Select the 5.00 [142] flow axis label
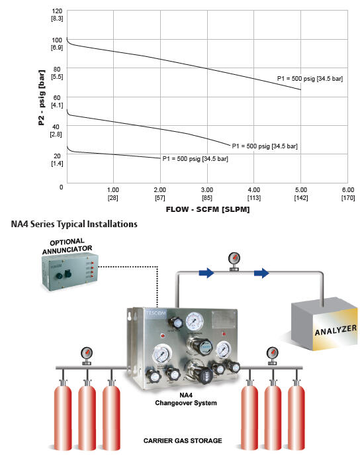coord(301,193)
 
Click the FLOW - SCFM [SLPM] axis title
coord(208,209)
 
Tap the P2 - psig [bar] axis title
coord(42,97)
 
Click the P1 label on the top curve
coord(310,79)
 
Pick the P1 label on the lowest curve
coord(195,159)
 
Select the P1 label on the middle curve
coord(265,146)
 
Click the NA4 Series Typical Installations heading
coord(74,224)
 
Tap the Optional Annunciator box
coord(69,272)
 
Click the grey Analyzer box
coord(325,324)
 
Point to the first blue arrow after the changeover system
coord(206,273)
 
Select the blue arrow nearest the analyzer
coord(261,273)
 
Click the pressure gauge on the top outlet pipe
coord(234,261)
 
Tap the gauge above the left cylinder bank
coord(87,356)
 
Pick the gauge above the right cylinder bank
coord(272,356)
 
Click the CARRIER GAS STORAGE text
coord(183,440)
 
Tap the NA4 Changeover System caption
coord(186,399)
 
